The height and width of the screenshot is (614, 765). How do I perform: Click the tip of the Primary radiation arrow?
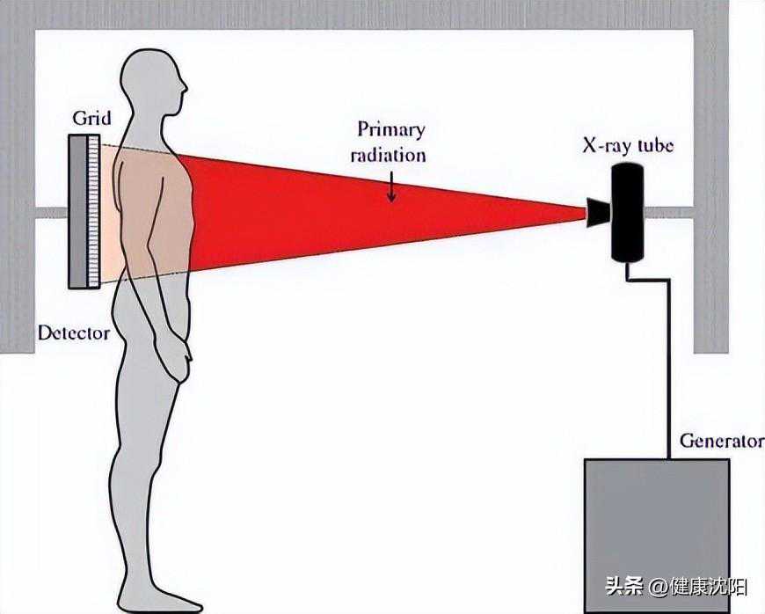390,201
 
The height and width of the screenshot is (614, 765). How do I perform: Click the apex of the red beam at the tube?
586,213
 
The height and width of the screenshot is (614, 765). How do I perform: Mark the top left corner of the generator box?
585,459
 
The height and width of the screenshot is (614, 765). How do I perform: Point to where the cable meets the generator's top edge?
669,459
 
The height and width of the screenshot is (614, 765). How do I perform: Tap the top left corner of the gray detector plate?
69,135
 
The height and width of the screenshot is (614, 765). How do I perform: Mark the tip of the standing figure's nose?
187,90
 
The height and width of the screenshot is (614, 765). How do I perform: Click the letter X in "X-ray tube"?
589,145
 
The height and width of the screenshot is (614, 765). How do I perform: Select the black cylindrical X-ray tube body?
629,212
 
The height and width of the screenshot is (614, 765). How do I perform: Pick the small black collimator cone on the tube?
598,212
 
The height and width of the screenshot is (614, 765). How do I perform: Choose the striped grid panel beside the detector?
93,211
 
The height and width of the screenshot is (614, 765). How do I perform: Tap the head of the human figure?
153,82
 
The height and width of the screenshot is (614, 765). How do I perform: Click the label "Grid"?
91,118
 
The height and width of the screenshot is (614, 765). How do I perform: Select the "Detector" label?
74,333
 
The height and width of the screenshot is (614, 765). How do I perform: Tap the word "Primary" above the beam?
391,130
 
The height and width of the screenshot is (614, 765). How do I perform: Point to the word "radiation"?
389,155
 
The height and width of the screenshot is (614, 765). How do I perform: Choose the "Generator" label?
722,441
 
